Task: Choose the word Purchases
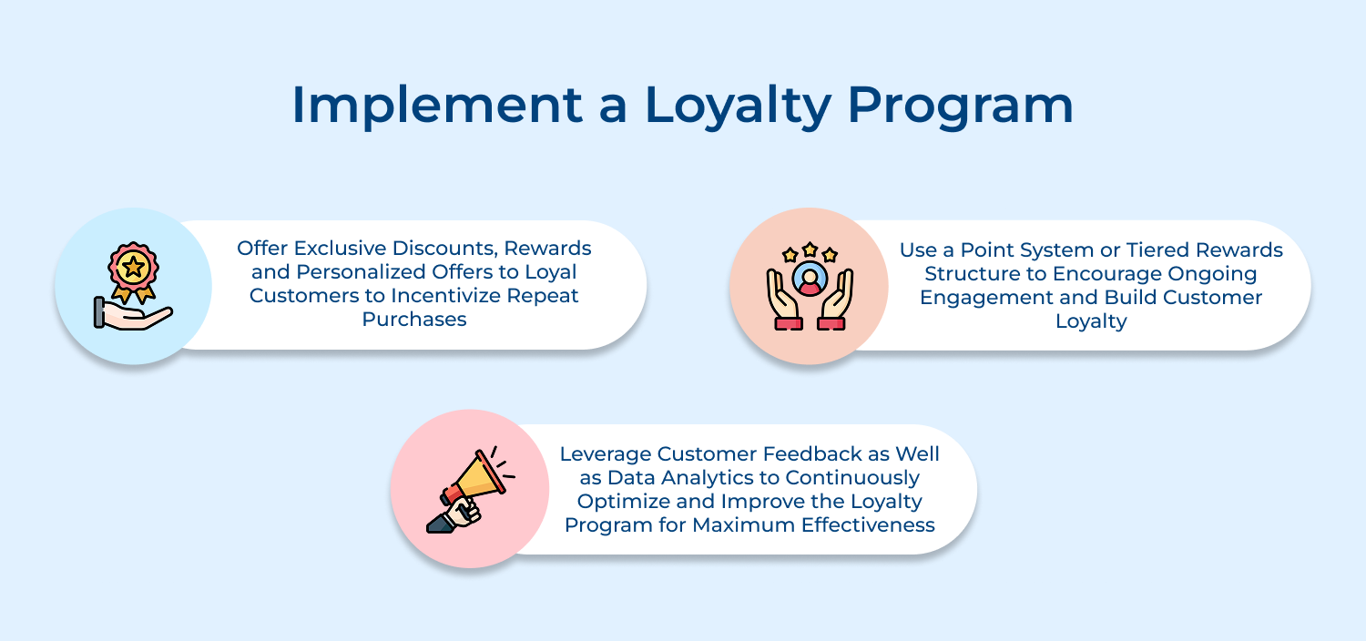[414, 320]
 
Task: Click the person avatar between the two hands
[808, 277]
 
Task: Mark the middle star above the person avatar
[809, 248]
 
